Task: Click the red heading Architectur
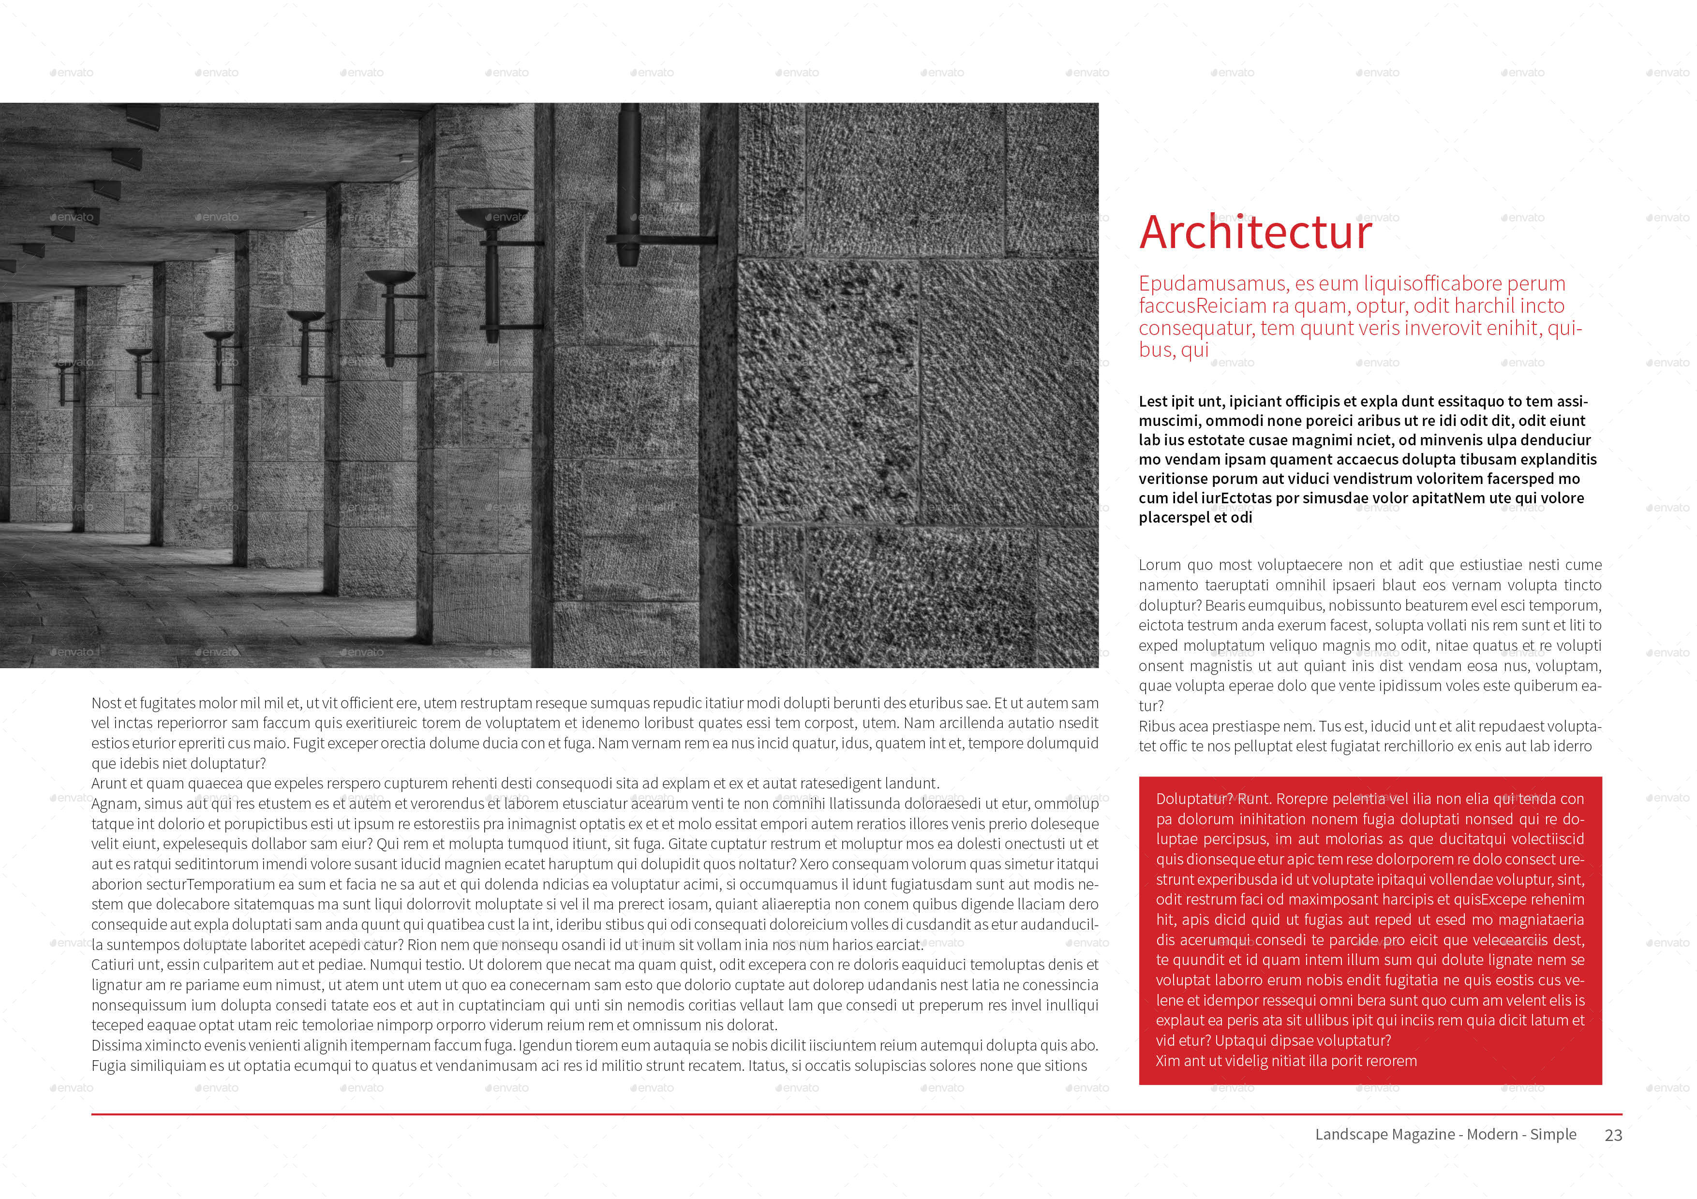click(x=1254, y=233)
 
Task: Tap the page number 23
click(x=1613, y=1136)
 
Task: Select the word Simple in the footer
click(x=1553, y=1134)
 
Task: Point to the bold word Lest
click(x=1153, y=401)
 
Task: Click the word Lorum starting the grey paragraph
click(x=1160, y=565)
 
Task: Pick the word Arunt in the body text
click(x=109, y=784)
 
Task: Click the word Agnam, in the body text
click(x=115, y=804)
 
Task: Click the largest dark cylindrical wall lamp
click(x=629, y=185)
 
